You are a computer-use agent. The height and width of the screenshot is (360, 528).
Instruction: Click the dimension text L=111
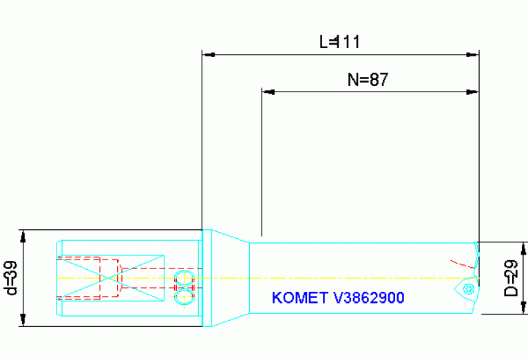tap(339, 42)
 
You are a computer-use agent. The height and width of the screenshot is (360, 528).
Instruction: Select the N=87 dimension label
tap(368, 80)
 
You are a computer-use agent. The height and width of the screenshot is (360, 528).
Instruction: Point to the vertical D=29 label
tap(511, 277)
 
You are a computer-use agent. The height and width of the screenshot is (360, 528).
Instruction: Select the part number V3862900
tap(368, 298)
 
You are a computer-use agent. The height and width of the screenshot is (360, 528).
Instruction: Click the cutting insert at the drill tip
tap(467, 288)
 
